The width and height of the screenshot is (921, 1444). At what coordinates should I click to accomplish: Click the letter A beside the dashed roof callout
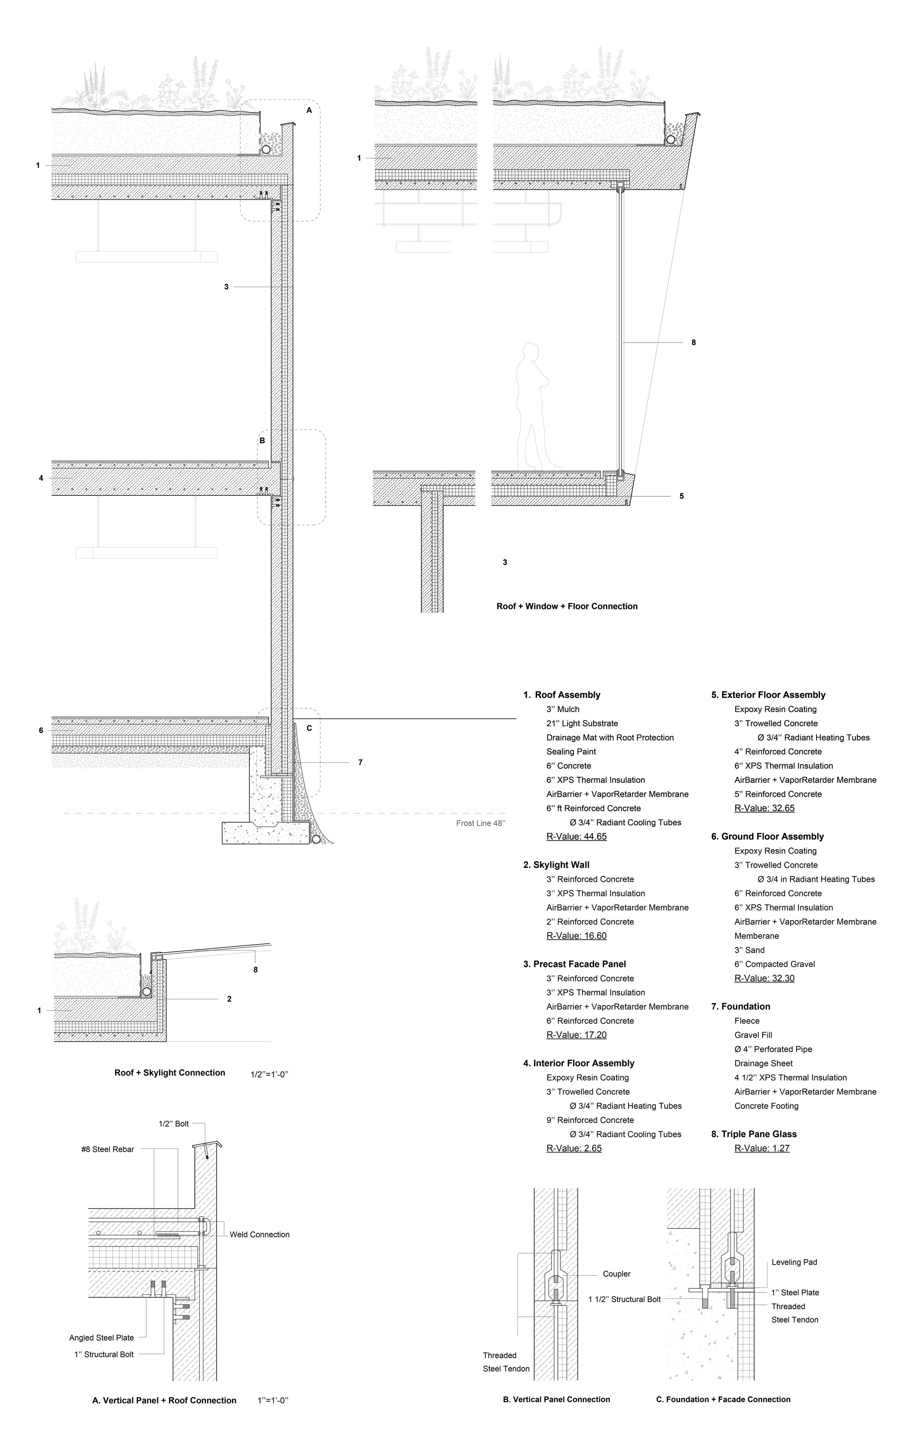click(x=309, y=111)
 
